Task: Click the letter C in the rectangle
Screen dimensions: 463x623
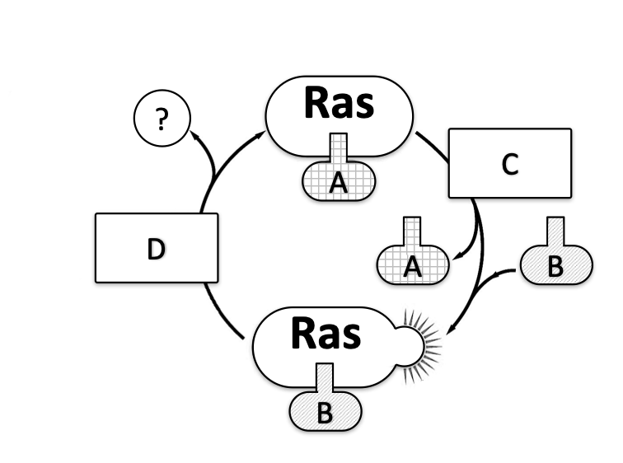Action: [509, 165]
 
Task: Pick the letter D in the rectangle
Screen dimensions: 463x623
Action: [156, 248]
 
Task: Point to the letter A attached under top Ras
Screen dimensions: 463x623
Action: [338, 184]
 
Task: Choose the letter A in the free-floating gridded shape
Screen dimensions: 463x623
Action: [414, 266]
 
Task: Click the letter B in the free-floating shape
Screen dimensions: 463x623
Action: [555, 266]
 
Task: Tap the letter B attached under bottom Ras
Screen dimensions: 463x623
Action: [325, 413]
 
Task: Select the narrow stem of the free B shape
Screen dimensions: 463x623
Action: [555, 231]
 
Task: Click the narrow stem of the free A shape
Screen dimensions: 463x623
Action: [414, 231]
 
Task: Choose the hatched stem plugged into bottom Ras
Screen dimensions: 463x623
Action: [325, 377]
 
